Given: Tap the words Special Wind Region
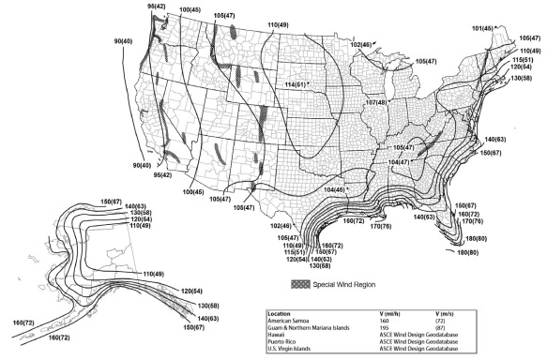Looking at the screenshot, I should [x=343, y=282].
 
